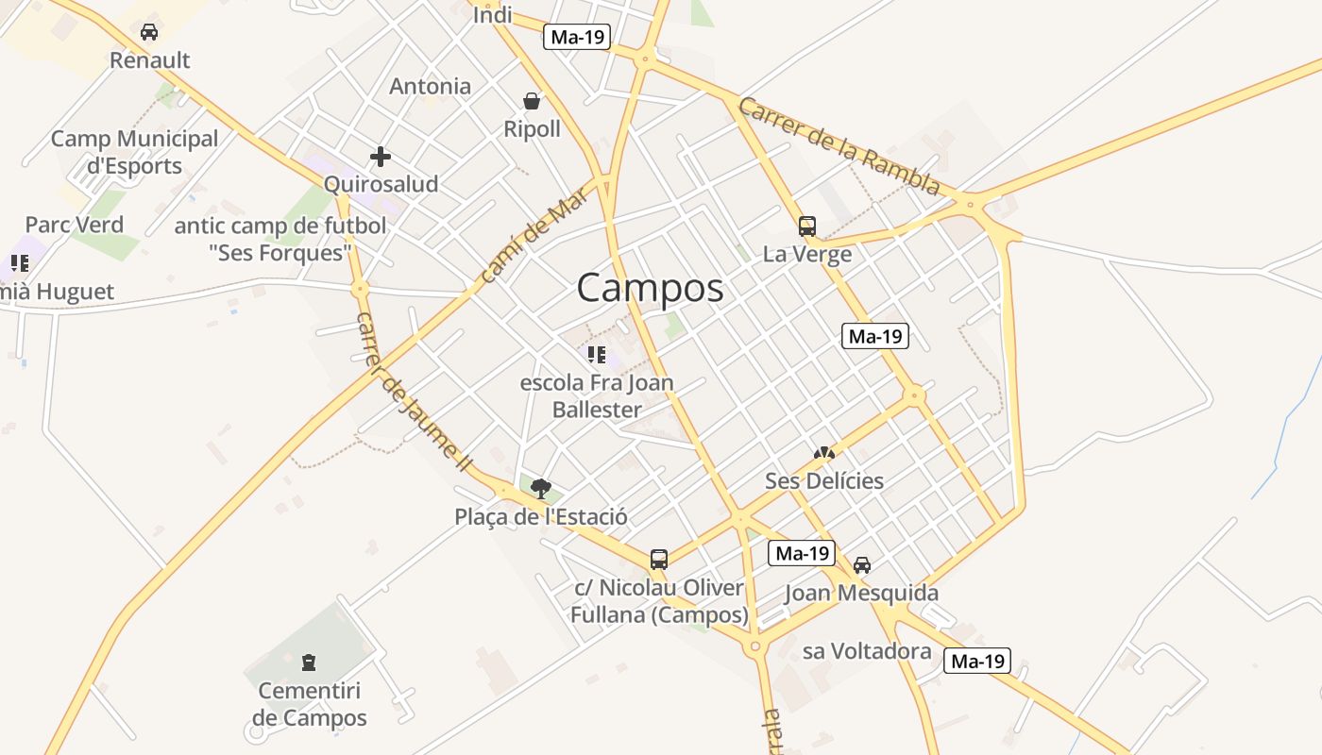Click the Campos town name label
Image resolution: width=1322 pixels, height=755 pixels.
[x=650, y=288]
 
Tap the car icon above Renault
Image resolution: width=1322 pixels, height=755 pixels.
[x=149, y=32]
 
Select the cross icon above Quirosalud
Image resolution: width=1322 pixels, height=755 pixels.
[x=381, y=156]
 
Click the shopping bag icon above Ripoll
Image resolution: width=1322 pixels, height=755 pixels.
[x=532, y=100]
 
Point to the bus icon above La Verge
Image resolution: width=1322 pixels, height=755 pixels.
[x=806, y=226]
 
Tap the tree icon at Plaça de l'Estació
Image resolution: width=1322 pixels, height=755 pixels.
[x=540, y=488]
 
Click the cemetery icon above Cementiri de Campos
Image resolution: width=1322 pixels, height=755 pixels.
[x=309, y=663]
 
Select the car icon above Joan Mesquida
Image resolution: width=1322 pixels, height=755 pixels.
[x=861, y=565]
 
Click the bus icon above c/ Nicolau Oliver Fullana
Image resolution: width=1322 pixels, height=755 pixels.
[x=659, y=560]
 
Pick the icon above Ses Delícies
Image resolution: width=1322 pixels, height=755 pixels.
[x=823, y=454]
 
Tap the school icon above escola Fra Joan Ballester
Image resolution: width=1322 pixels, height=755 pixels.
[x=596, y=355]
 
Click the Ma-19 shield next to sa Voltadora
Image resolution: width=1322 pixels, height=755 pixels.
[x=976, y=661]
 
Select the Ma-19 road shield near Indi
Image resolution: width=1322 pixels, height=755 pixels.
[x=577, y=37]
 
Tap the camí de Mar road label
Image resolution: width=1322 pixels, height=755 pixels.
[x=534, y=233]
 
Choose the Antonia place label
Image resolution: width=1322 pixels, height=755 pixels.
[x=430, y=86]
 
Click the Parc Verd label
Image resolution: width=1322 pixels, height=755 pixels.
[x=74, y=225]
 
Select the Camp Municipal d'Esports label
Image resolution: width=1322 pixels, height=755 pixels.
[x=134, y=152]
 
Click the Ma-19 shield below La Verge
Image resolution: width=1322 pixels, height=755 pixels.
[x=874, y=335]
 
